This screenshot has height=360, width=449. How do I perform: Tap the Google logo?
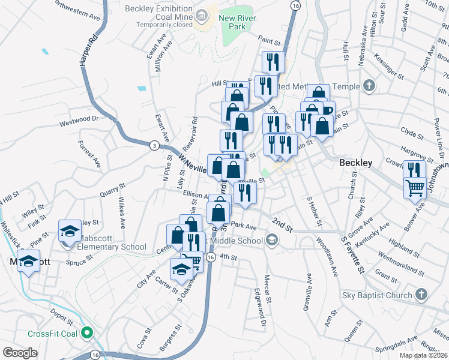point(20,353)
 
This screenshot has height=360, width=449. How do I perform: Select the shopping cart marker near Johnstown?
point(415,189)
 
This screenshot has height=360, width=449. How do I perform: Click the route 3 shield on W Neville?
point(155,145)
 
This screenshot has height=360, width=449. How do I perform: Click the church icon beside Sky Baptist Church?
point(421,295)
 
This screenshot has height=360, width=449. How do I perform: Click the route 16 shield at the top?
point(295,5)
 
